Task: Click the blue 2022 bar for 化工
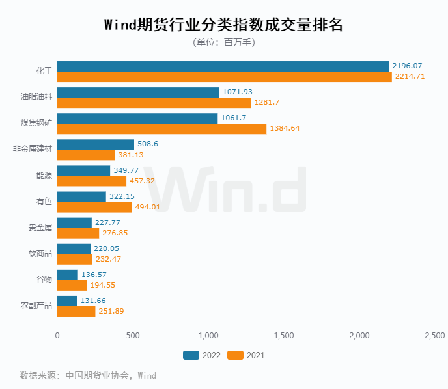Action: (x=223, y=66)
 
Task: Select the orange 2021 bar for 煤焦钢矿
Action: (x=161, y=129)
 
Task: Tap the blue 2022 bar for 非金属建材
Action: (x=96, y=144)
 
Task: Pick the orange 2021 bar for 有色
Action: (x=94, y=207)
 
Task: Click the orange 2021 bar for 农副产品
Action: (x=76, y=311)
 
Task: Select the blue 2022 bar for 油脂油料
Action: (x=138, y=92)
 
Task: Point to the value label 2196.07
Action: (x=408, y=66)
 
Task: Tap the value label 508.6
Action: (x=149, y=144)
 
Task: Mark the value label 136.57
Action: (x=94, y=275)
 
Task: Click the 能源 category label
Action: (x=44, y=176)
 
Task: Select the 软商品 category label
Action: (x=40, y=254)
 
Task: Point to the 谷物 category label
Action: (x=44, y=280)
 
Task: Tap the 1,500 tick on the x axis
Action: (x=284, y=336)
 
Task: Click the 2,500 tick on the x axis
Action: (x=434, y=336)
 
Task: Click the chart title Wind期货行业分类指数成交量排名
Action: (x=223, y=25)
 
